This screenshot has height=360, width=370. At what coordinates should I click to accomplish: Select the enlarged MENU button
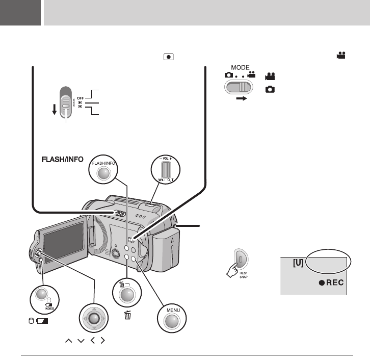[172, 319]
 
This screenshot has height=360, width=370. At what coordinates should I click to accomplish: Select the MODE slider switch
[239, 87]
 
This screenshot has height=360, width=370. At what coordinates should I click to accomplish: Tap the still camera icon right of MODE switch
[270, 89]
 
